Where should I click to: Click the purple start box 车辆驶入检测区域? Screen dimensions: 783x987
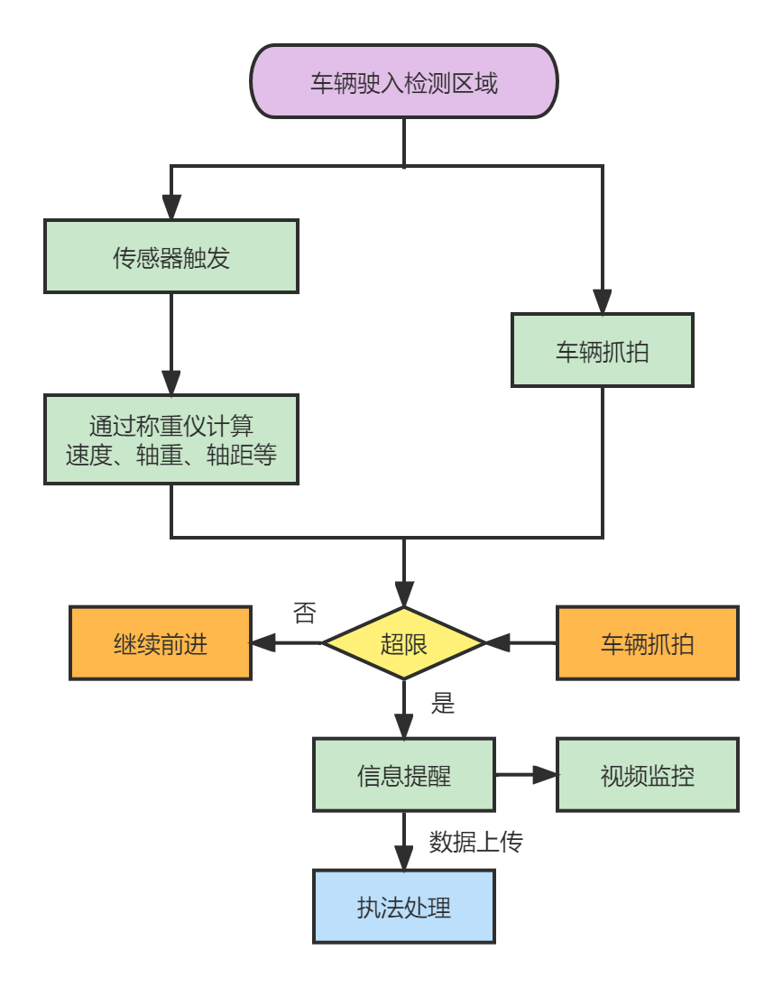[x=404, y=81]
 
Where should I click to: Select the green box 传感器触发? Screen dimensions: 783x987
[x=171, y=256]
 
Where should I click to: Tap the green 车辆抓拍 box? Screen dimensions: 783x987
[x=603, y=350]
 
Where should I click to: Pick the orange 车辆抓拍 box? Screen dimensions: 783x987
[x=648, y=643]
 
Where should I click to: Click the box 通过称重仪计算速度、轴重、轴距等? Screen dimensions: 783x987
[x=171, y=439]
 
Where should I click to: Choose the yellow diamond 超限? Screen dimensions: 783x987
[x=404, y=643]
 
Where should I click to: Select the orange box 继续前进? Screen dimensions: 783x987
[x=161, y=643]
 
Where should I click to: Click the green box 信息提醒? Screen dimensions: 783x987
[x=404, y=775]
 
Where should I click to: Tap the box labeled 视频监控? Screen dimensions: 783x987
[x=648, y=775]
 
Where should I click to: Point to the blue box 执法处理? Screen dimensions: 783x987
[x=404, y=907]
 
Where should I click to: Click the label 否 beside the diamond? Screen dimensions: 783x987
[x=305, y=612]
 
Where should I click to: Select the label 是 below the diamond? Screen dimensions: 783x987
[x=443, y=703]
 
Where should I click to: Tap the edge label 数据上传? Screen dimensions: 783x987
[x=475, y=842]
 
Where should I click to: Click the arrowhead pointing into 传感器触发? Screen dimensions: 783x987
[x=171, y=208]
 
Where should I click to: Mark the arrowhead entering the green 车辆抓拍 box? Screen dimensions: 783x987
[x=603, y=301]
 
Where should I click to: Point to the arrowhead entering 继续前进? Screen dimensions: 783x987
[x=264, y=643]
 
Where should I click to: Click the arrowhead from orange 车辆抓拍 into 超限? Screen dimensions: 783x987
[x=498, y=643]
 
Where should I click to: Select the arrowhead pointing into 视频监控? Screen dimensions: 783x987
[x=545, y=775]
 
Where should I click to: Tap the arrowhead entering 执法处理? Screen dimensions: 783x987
[x=404, y=858]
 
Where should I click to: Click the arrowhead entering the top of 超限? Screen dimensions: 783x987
[x=404, y=595]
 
